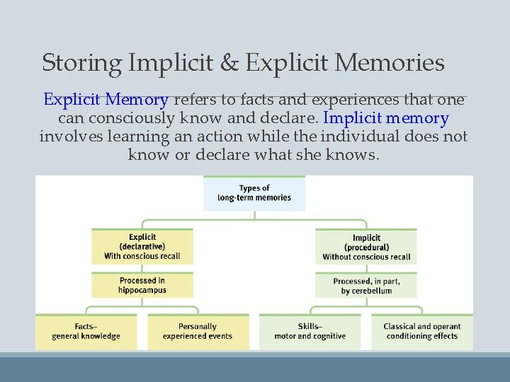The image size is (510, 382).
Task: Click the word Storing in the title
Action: (x=82, y=64)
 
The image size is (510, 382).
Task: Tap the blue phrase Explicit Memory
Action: (x=106, y=100)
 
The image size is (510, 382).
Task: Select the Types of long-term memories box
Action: (x=254, y=193)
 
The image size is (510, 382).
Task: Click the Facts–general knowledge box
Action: (x=86, y=331)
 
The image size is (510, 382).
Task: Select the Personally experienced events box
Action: (x=198, y=331)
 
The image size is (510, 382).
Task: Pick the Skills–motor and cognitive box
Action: (x=310, y=331)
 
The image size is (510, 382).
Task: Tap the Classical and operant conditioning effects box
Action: (x=422, y=331)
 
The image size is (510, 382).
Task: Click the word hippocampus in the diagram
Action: (x=142, y=291)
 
